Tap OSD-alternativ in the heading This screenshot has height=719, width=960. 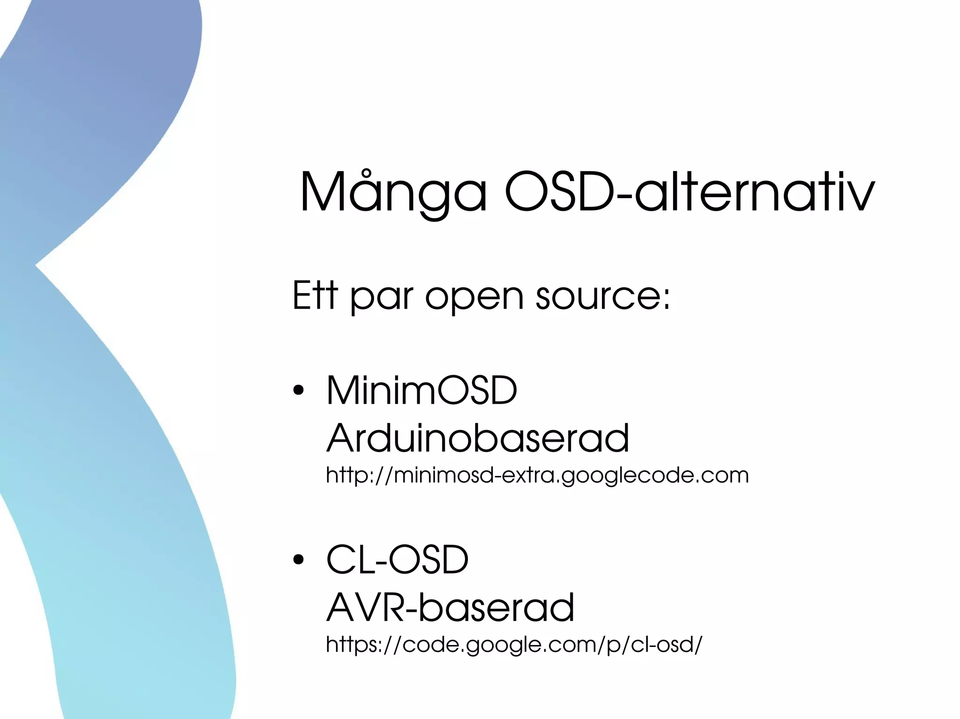689,192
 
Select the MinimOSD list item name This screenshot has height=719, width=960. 421,390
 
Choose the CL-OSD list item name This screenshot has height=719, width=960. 397,559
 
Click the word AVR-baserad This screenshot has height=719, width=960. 450,607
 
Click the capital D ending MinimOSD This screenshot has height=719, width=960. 502,390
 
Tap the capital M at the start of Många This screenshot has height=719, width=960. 324,192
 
